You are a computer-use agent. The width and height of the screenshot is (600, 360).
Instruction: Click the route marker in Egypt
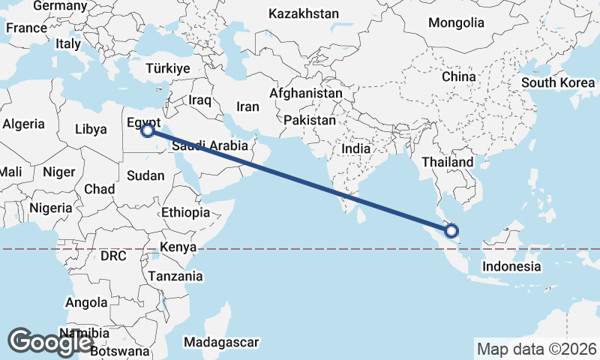point(148,130)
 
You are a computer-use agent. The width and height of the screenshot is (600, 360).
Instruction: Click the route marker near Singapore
point(451,230)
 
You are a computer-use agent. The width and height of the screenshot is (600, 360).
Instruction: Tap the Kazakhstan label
point(303,13)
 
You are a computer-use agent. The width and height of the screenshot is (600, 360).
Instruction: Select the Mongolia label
point(456,22)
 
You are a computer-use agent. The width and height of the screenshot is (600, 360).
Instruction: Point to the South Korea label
point(558,82)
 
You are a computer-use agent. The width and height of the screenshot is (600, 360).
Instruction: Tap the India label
point(355,148)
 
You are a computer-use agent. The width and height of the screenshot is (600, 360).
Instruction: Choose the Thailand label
point(447,162)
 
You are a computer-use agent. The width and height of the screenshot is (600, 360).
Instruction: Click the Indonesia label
point(511,266)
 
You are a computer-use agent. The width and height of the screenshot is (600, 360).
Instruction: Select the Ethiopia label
point(185,212)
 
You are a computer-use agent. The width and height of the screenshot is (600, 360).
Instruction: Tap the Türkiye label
point(168,68)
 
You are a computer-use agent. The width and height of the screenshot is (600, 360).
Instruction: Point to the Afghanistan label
point(306,94)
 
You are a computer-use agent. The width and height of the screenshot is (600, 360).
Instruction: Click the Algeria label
point(24,124)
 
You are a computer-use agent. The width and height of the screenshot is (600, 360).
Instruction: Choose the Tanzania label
point(175,276)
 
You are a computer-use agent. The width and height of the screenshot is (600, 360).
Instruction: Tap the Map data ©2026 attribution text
point(536,349)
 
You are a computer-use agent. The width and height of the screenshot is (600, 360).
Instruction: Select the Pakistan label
point(310,120)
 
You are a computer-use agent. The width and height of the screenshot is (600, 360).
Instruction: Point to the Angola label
point(87,302)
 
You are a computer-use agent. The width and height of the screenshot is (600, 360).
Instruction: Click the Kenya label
point(178,247)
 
